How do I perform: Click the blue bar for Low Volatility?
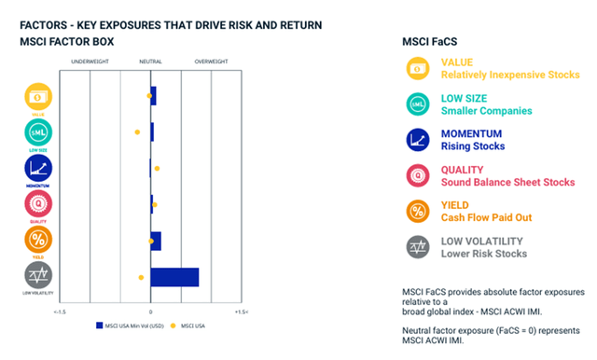coord(174,277)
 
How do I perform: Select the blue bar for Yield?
coord(156,241)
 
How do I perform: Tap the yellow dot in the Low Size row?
coord(137,132)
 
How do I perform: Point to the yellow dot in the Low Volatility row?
coord(140,278)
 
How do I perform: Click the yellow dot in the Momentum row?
coord(157,169)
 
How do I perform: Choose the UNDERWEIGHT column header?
coord(90,62)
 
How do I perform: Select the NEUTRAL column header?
coord(150,62)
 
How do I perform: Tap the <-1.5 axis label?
coord(61,312)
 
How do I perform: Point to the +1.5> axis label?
coord(241,312)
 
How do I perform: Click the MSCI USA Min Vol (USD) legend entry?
coord(130,325)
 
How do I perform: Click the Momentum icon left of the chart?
coord(37,169)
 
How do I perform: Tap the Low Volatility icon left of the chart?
coord(37,275)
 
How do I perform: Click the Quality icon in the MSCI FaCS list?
coord(417,175)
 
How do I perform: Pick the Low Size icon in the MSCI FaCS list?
coord(417,104)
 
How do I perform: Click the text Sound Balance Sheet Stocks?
coord(507,182)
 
